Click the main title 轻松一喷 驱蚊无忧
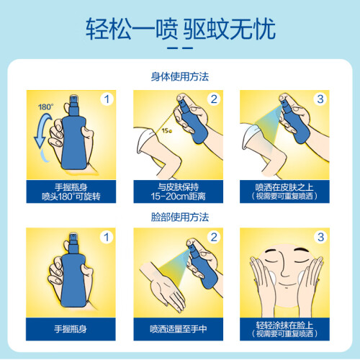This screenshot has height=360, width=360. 181,29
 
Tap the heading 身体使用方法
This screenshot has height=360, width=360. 180,77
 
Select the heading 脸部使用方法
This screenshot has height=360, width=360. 180,217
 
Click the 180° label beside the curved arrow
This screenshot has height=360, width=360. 45,107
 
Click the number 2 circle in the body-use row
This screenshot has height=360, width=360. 214,99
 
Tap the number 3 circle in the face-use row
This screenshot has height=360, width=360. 320,237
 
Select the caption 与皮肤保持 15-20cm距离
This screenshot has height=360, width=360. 179,192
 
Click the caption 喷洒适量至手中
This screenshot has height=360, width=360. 179,329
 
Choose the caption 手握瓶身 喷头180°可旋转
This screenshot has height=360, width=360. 71,192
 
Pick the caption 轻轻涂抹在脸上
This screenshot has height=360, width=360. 284,325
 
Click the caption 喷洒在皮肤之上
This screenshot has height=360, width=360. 284,187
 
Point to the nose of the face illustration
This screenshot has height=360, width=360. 284,268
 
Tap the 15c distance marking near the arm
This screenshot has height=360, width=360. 166,131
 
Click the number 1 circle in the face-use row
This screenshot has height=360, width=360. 107,237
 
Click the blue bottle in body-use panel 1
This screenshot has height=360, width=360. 74,135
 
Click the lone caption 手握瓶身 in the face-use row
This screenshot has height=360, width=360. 71,329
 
